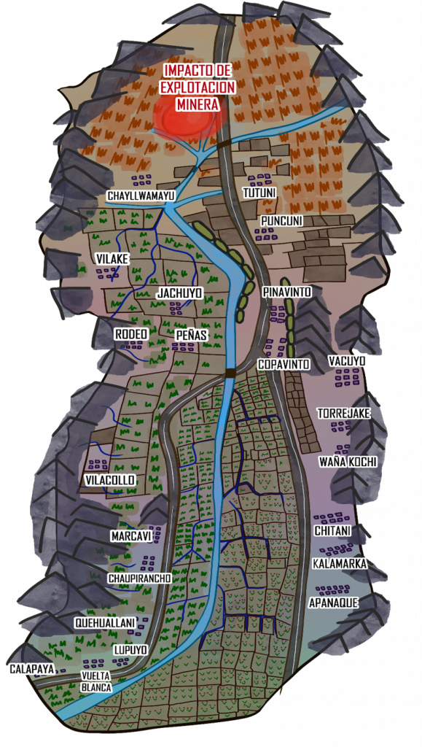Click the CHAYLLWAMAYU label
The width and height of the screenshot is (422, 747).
click(141, 196)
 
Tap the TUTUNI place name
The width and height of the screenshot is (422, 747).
click(259, 193)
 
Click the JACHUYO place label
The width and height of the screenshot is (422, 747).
click(179, 293)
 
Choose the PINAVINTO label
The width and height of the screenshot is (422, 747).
click(287, 292)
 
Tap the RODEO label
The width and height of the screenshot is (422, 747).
click(131, 333)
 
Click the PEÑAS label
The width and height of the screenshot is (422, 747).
click(192, 335)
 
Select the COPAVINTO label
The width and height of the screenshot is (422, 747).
click(284, 363)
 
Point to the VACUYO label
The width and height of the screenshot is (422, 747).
click(347, 361)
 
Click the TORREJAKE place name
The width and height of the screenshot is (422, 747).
click(344, 414)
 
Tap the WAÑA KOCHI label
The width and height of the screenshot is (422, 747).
click(348, 462)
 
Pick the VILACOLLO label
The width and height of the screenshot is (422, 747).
click(110, 480)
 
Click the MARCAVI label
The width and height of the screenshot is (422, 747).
click(131, 536)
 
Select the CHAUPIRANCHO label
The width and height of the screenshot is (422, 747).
click(139, 578)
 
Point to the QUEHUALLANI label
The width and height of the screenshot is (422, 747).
click(105, 622)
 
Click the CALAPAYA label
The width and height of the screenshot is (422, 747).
click(31, 668)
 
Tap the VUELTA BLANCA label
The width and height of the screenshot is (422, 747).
click(96, 681)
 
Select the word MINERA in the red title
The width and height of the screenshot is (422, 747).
click(198, 104)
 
